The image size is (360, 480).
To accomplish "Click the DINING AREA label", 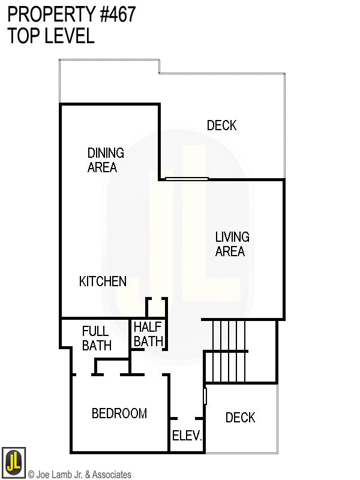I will coord(106,160).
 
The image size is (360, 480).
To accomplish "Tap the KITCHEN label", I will coord(103,281).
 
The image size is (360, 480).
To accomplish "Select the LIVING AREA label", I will coord(232,244).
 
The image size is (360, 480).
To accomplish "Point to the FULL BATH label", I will coord(97,338).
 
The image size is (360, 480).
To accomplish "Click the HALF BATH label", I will coord(148,334).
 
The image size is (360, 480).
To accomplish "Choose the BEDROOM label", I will coord(119,413).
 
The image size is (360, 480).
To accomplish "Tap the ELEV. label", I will coord(187,436).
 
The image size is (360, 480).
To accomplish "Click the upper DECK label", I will coord(221,125).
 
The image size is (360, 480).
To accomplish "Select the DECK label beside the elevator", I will coord(240,418).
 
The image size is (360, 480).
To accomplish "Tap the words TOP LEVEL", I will coord(51,36).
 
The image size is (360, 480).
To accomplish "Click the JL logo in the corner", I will coord(13,461).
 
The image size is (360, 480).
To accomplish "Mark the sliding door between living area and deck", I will coord(187,178).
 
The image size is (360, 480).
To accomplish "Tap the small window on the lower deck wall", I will coord(205,396).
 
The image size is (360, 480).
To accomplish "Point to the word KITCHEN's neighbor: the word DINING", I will coord(106,152).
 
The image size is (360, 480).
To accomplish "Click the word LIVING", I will coord(232,237).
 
